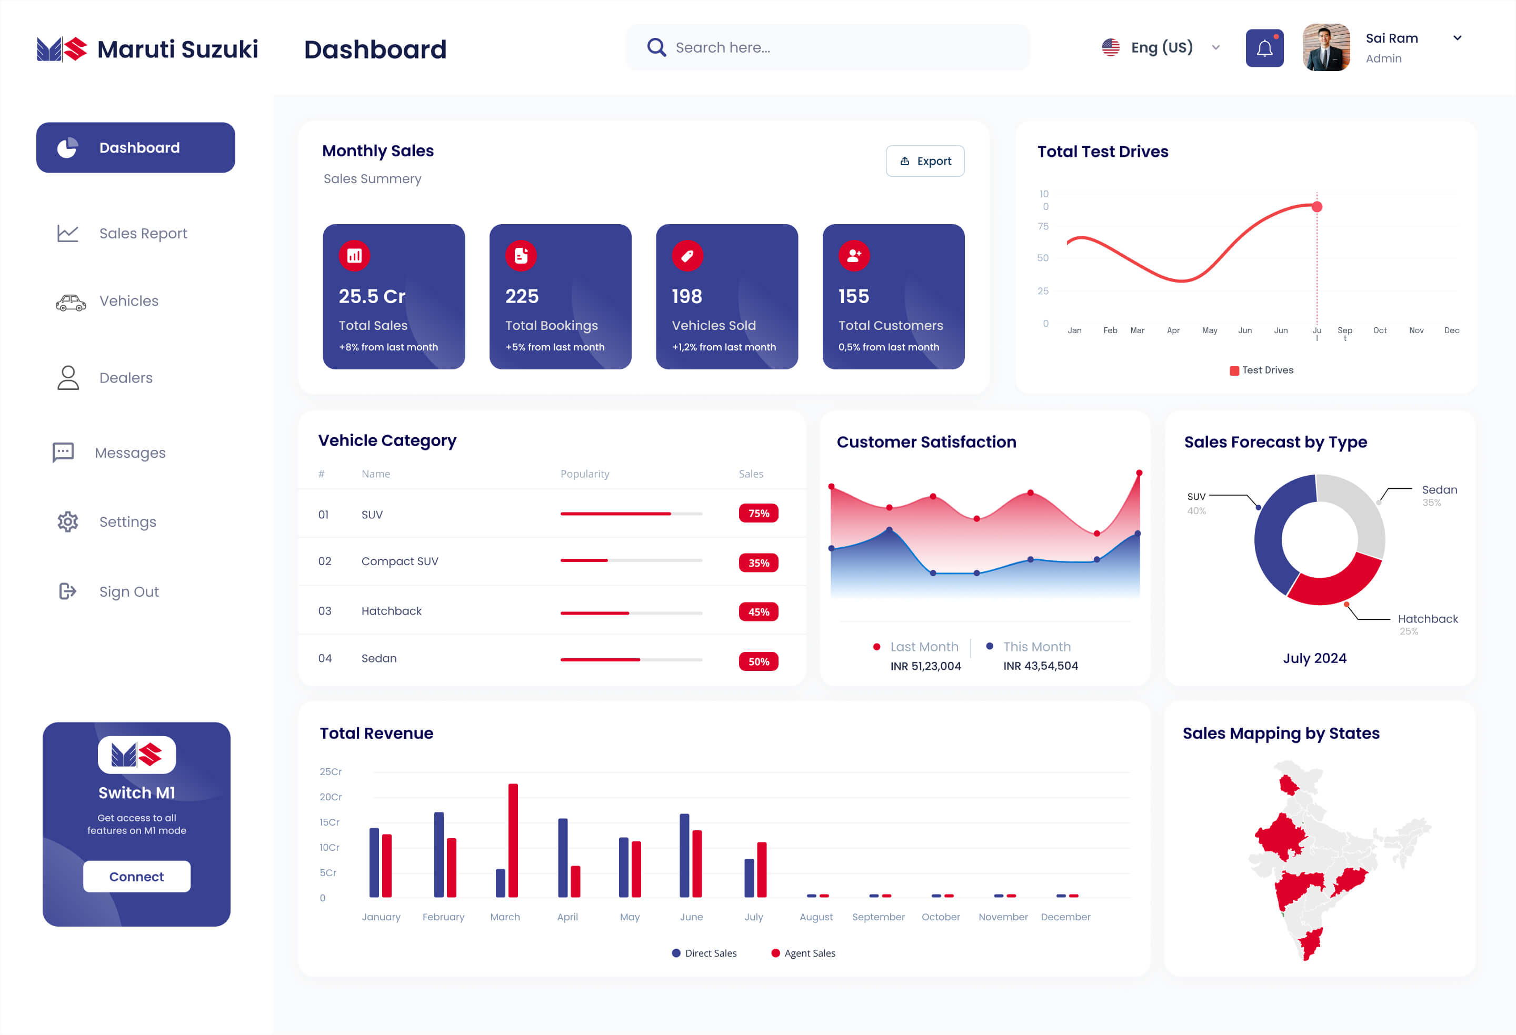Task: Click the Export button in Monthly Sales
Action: pos(924,161)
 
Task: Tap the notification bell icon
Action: pos(1264,48)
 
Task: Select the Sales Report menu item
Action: pos(142,234)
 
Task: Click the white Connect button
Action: pos(136,877)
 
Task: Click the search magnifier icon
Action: pos(656,47)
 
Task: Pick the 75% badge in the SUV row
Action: pos(758,513)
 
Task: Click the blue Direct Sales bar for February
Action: pos(438,855)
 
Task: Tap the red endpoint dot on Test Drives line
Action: pos(1317,207)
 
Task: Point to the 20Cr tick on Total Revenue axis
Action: pos(331,797)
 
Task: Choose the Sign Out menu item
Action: pos(128,591)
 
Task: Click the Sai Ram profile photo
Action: pos(1325,47)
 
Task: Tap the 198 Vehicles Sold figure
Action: pos(687,297)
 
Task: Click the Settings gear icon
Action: pos(68,522)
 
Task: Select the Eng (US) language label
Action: pos(1161,47)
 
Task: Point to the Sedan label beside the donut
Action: pos(1439,490)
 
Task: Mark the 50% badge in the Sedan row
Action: pos(758,661)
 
